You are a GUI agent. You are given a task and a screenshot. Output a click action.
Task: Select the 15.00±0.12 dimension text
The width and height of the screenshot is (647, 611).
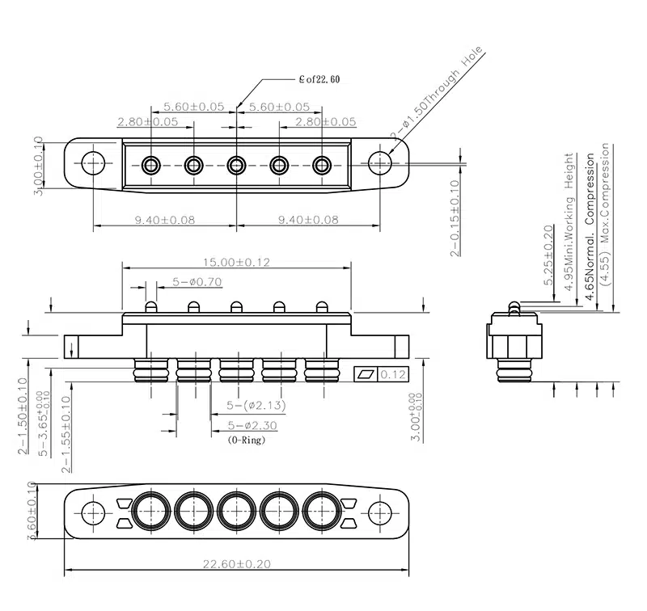point(235,263)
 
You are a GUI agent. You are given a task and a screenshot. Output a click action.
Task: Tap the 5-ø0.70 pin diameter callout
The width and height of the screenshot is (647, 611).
point(197,282)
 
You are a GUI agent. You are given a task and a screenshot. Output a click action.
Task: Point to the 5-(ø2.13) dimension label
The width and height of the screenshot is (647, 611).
point(256,405)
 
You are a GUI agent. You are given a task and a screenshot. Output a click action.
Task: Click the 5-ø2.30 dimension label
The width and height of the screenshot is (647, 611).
point(253,425)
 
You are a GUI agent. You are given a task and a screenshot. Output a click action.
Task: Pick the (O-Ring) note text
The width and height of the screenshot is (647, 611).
point(247,440)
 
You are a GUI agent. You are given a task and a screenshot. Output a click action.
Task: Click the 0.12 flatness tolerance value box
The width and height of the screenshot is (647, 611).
point(393,374)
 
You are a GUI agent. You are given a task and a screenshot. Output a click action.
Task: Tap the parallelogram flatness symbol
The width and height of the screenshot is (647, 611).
point(366,374)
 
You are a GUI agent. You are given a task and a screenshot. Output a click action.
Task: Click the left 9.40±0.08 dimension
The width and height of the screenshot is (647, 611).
point(164,219)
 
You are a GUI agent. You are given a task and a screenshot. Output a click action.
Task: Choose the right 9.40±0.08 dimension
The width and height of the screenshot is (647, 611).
point(307,219)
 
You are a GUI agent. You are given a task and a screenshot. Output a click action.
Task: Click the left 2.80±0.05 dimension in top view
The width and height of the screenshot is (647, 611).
point(148,122)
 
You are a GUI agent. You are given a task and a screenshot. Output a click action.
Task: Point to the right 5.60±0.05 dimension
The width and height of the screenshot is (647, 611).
point(279,107)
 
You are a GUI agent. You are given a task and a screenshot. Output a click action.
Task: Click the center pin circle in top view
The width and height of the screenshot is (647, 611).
point(236,166)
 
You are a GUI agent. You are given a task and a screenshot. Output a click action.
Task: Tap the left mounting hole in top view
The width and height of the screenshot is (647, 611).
point(94,163)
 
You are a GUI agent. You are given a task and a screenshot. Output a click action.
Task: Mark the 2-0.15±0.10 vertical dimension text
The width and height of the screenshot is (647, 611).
point(455,218)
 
